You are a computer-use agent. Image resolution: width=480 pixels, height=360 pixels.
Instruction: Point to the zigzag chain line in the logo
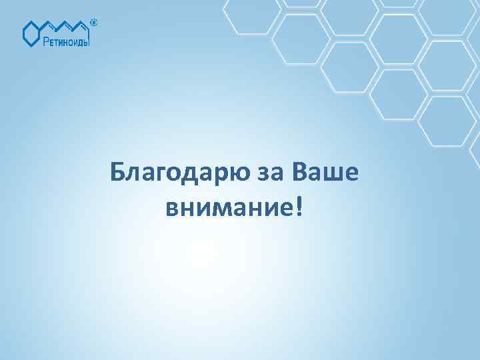[x=67, y=27]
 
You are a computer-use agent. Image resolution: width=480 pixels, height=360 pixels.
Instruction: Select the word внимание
[x=225, y=209]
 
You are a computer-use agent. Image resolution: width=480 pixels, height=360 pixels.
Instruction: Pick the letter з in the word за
[x=258, y=175]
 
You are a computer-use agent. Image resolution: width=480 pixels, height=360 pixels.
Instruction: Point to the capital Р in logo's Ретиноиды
[x=47, y=42]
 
